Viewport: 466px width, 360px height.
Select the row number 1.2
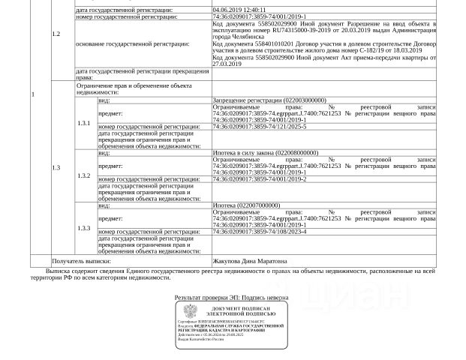tap(56, 34)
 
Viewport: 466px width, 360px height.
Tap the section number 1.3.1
tap(84, 123)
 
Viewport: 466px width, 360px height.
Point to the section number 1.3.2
tap(84, 175)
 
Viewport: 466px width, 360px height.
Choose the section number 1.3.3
tap(84, 228)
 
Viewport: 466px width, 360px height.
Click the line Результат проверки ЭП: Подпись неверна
tap(231, 298)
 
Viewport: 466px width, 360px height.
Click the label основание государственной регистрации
tap(132, 44)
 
